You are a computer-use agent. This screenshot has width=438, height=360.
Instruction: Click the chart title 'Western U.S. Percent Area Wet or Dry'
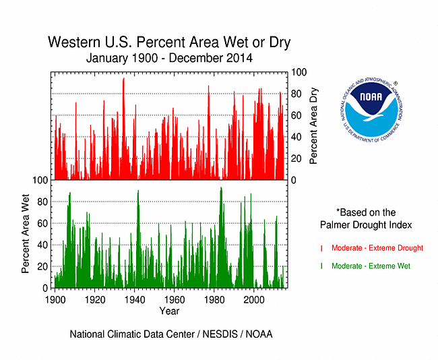pyautogui.click(x=169, y=42)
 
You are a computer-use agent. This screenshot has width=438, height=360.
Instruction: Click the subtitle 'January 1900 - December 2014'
pyautogui.click(x=169, y=58)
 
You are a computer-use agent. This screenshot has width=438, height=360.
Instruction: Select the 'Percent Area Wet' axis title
pyautogui.click(x=26, y=235)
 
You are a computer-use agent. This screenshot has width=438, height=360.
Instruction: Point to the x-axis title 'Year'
pyautogui.click(x=169, y=311)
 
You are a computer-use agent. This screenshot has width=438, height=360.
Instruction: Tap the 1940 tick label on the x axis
pyautogui.click(x=134, y=299)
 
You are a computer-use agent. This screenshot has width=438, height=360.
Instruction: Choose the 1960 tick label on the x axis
pyautogui.click(x=174, y=299)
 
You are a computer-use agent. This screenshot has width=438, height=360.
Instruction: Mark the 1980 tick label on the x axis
pyautogui.click(x=214, y=299)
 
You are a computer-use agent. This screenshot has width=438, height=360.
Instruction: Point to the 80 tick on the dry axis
pyautogui.click(x=296, y=94)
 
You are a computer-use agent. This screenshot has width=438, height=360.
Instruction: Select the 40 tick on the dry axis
pyautogui.click(x=296, y=137)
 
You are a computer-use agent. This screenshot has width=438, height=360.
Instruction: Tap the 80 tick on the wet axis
pyautogui.click(x=43, y=202)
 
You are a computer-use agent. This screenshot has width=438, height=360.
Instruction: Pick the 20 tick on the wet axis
pyautogui.click(x=43, y=266)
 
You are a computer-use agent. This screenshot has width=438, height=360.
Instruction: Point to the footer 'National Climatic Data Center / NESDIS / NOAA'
pyautogui.click(x=170, y=334)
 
